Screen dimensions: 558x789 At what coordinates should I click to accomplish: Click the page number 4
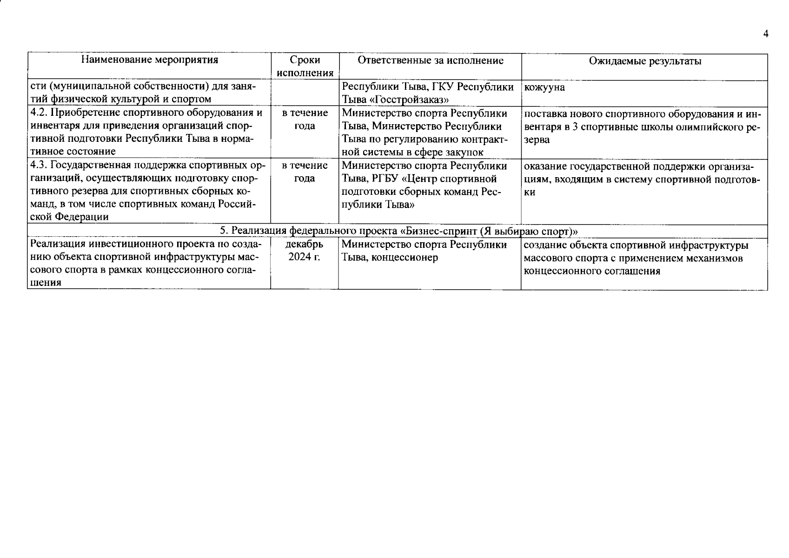[765, 34]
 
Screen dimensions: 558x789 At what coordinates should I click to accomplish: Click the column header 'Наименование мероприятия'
[149, 60]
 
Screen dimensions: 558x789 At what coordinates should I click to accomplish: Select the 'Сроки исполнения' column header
[305, 66]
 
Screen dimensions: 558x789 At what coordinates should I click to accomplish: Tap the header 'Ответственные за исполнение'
[430, 61]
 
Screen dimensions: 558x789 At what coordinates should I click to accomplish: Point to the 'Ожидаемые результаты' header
[644, 61]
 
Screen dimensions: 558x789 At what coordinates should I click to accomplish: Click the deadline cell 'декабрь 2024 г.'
[305, 251]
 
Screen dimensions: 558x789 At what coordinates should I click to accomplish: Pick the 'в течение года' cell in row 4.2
[305, 120]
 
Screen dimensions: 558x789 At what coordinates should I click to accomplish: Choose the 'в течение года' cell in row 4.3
[305, 172]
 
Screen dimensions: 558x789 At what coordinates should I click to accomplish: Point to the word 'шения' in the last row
[46, 284]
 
